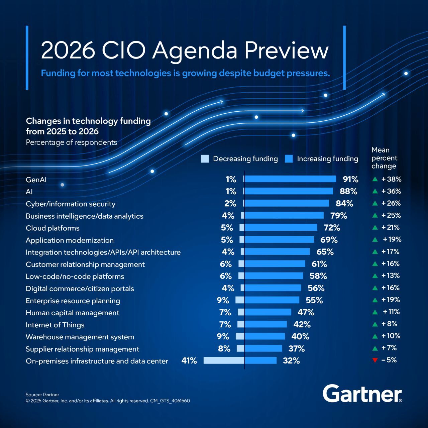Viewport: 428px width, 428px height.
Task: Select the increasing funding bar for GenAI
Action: click(x=290, y=179)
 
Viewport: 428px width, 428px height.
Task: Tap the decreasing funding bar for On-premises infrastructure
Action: click(x=224, y=360)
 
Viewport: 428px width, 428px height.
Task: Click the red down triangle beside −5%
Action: click(x=375, y=360)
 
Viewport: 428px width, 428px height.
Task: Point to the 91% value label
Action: click(x=350, y=180)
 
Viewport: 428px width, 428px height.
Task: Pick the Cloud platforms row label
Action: click(x=52, y=228)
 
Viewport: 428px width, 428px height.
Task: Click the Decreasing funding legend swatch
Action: click(x=205, y=159)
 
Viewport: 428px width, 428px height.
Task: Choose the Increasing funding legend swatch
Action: click(x=289, y=159)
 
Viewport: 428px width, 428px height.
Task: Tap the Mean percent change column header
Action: click(x=384, y=158)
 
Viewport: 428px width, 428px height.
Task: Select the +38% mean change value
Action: click(x=391, y=179)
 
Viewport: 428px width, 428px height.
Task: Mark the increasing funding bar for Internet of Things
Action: click(x=266, y=324)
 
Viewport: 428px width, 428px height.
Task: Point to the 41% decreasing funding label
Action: click(x=189, y=361)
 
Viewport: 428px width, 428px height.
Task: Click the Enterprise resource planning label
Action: click(x=73, y=301)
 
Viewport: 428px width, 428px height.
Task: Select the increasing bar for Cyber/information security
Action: click(x=287, y=203)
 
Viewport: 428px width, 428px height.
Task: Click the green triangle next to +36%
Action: click(x=375, y=191)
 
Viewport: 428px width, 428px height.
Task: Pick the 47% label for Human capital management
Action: click(x=306, y=312)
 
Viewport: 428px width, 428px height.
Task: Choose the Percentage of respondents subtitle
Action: click(x=72, y=142)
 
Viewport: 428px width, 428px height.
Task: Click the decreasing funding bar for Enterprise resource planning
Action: click(x=240, y=300)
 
